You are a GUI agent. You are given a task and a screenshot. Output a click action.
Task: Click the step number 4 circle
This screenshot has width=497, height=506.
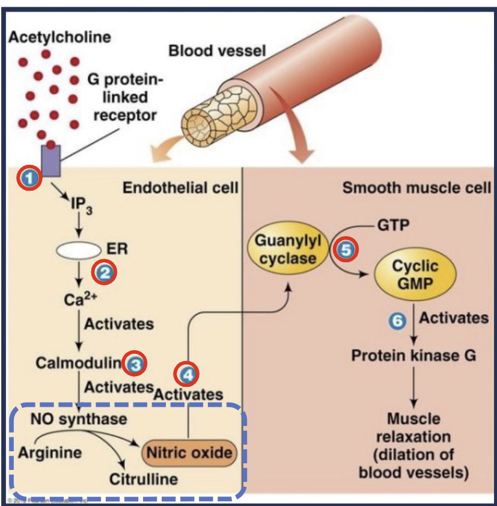(x=186, y=375)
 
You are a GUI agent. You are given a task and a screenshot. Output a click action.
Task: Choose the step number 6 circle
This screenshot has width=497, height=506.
(x=396, y=321)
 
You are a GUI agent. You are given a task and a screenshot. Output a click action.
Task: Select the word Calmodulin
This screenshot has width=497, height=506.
(x=78, y=363)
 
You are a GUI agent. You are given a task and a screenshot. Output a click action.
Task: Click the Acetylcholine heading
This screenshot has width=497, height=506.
(x=60, y=37)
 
